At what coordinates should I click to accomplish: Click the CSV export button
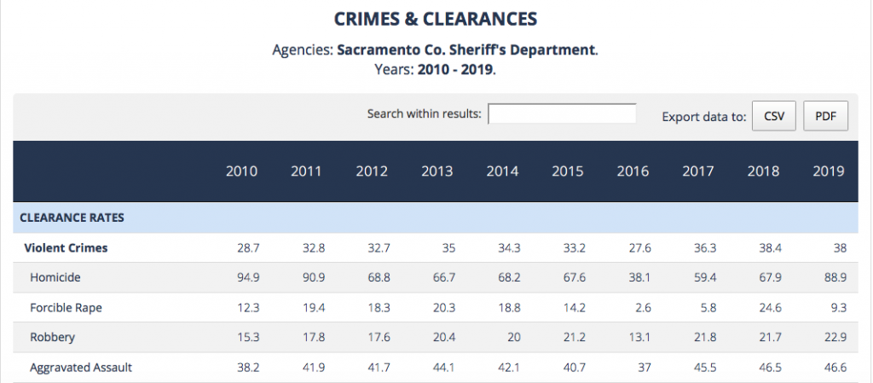(773, 116)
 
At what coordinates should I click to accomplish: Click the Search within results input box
(562, 114)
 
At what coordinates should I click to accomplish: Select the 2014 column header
(502, 171)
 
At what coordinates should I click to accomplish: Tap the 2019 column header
(828, 171)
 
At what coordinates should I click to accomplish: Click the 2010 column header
(241, 171)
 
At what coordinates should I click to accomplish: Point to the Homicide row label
(55, 278)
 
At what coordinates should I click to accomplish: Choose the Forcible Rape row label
(66, 307)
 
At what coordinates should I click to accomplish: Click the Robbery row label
(52, 337)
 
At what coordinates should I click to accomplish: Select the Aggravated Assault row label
(81, 368)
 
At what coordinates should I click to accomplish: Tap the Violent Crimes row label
(66, 248)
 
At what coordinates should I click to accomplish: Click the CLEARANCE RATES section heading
(72, 218)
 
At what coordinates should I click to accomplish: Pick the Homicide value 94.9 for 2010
(246, 278)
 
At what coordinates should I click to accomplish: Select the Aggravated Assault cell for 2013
(442, 368)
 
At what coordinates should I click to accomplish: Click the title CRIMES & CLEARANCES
(436, 19)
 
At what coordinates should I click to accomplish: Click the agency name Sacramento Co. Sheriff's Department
(466, 49)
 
